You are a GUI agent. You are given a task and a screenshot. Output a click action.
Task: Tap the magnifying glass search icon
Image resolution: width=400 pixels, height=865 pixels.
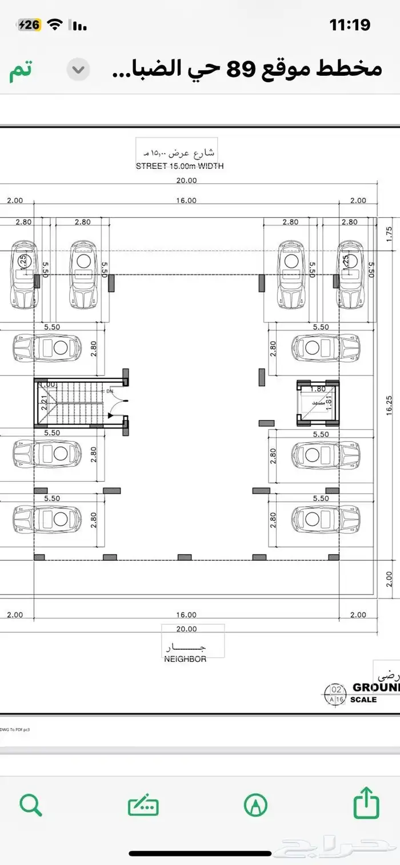(x=30, y=805)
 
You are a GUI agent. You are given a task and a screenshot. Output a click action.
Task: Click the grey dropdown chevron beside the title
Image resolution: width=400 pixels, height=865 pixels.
(x=78, y=70)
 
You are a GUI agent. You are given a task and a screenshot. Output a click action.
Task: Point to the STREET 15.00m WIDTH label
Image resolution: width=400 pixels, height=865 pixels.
(x=179, y=166)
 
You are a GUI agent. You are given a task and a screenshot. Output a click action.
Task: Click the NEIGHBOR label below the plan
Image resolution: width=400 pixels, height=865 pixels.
(x=185, y=658)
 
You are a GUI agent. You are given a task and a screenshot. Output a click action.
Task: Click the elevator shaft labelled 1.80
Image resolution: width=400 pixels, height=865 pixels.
(x=318, y=402)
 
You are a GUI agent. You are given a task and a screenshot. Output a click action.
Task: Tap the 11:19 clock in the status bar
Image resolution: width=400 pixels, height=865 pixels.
(x=350, y=25)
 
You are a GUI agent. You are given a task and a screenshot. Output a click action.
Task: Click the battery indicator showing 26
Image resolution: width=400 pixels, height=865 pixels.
(x=30, y=25)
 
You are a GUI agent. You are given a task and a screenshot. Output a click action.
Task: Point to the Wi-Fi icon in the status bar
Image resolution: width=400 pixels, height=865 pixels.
(x=55, y=25)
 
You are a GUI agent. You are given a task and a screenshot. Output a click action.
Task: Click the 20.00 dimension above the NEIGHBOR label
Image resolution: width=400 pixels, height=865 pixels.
(x=186, y=629)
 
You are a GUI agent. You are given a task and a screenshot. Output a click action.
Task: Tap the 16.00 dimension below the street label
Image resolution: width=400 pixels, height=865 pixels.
(x=186, y=200)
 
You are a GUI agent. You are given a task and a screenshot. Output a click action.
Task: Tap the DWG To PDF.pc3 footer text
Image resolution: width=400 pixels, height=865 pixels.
(x=14, y=729)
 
